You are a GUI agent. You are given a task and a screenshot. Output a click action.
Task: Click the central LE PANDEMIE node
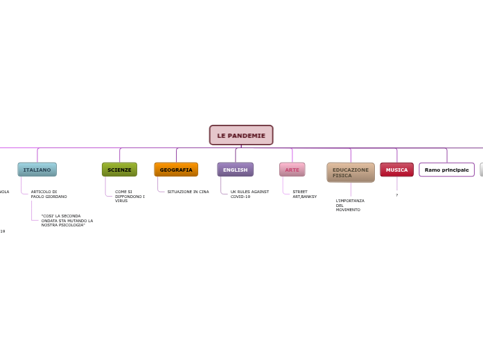[x=241, y=135]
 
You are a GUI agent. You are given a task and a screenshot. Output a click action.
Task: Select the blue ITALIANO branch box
[x=37, y=170]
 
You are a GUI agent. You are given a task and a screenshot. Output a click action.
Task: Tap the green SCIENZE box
[x=119, y=170]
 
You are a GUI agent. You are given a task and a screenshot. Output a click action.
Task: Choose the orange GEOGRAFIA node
[x=176, y=170]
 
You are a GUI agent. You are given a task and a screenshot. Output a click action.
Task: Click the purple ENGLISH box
[x=235, y=170]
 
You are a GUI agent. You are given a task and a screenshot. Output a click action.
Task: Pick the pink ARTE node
[x=292, y=170]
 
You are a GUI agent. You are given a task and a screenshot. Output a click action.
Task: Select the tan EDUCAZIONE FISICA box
[x=351, y=172]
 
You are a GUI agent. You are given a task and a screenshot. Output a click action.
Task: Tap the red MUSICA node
[x=397, y=170]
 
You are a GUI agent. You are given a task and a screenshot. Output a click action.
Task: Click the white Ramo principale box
[x=446, y=170]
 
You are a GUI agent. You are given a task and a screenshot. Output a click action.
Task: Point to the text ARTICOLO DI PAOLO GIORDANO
[x=49, y=194]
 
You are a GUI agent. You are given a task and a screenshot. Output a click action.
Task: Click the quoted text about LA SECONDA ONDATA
[x=67, y=220]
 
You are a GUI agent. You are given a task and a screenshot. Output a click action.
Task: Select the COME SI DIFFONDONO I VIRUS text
[x=130, y=196]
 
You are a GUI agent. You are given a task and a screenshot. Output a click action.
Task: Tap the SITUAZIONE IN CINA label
[x=188, y=192]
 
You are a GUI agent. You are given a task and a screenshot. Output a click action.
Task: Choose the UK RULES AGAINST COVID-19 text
[x=249, y=194]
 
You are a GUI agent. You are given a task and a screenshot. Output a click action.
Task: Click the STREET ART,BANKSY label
[x=304, y=194]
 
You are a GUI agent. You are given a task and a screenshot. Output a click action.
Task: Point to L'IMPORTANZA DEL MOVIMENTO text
[x=349, y=205]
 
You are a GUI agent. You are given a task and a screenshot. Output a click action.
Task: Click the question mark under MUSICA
[x=397, y=195]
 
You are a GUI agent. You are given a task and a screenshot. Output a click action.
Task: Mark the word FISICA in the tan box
[x=342, y=176]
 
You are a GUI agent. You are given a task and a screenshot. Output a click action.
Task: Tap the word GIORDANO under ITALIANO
[x=56, y=197]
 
